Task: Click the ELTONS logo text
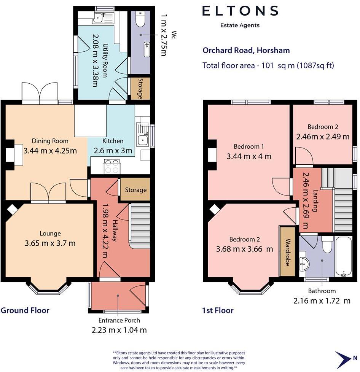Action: coord(240,11)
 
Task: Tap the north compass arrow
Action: coord(343,358)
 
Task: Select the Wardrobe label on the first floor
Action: coord(288,252)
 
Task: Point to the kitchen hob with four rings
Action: coord(112,167)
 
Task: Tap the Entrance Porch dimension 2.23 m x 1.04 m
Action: coord(119,330)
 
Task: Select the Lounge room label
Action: coord(50,234)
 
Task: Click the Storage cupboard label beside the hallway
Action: coord(136,190)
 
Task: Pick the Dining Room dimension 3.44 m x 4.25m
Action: coord(50,151)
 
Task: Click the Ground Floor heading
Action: coord(25,310)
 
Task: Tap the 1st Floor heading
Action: coord(218,310)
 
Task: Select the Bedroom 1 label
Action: coord(249,146)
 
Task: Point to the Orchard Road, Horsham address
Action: coord(246,50)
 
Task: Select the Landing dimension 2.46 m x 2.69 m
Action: coord(306,200)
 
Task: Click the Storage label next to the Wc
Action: coord(140,89)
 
